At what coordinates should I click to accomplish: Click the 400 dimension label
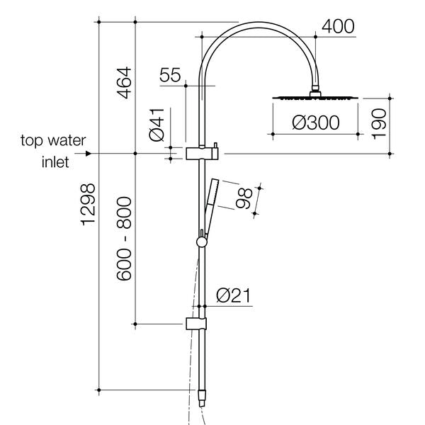click(x=338, y=26)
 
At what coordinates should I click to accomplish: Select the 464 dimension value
click(x=123, y=82)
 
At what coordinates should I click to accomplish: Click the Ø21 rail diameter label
click(x=230, y=295)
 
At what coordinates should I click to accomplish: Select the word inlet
click(x=54, y=162)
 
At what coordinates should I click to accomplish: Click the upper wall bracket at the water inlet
click(x=201, y=153)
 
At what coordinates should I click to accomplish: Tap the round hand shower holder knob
click(x=203, y=242)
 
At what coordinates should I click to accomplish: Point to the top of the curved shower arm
click(x=259, y=23)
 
